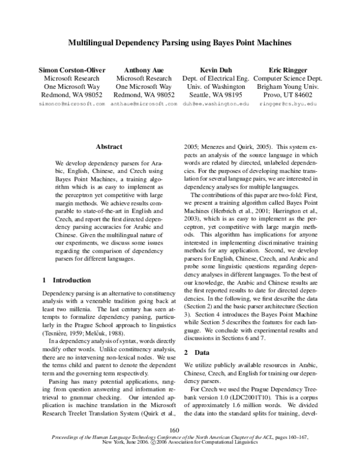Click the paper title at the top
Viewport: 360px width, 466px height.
point(180,44)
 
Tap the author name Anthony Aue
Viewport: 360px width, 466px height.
point(144,70)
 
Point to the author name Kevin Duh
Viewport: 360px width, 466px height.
point(215,70)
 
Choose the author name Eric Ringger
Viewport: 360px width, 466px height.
point(287,70)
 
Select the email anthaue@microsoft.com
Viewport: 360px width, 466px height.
point(144,104)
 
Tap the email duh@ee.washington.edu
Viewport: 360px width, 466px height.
point(215,104)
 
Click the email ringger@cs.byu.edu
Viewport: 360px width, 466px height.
point(287,104)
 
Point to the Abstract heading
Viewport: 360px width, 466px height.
point(109,147)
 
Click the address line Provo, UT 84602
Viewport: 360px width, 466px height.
point(287,95)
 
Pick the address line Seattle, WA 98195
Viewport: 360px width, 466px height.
point(215,95)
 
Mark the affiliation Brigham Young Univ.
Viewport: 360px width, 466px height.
point(287,86)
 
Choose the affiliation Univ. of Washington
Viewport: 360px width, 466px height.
point(215,86)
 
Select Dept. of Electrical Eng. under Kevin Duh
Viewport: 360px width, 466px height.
point(215,78)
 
